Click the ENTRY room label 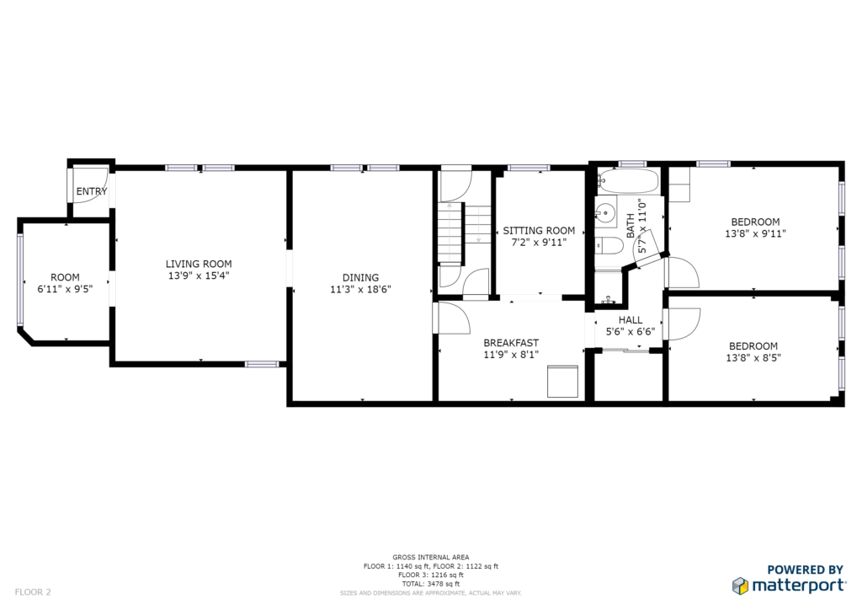[91, 191]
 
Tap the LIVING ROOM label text [199, 264]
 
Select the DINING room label [360, 278]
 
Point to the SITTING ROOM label [539, 231]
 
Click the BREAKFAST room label [511, 343]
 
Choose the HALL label [630, 319]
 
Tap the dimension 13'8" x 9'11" [755, 233]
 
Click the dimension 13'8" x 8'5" [753, 357]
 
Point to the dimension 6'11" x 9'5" [65, 289]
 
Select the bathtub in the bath [628, 180]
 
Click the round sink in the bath [606, 211]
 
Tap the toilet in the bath [609, 246]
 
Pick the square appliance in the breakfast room [562, 381]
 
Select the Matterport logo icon [740, 586]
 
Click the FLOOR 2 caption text [33, 592]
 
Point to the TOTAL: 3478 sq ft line [430, 584]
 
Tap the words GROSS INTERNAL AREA [430, 557]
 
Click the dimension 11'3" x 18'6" [360, 289]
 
